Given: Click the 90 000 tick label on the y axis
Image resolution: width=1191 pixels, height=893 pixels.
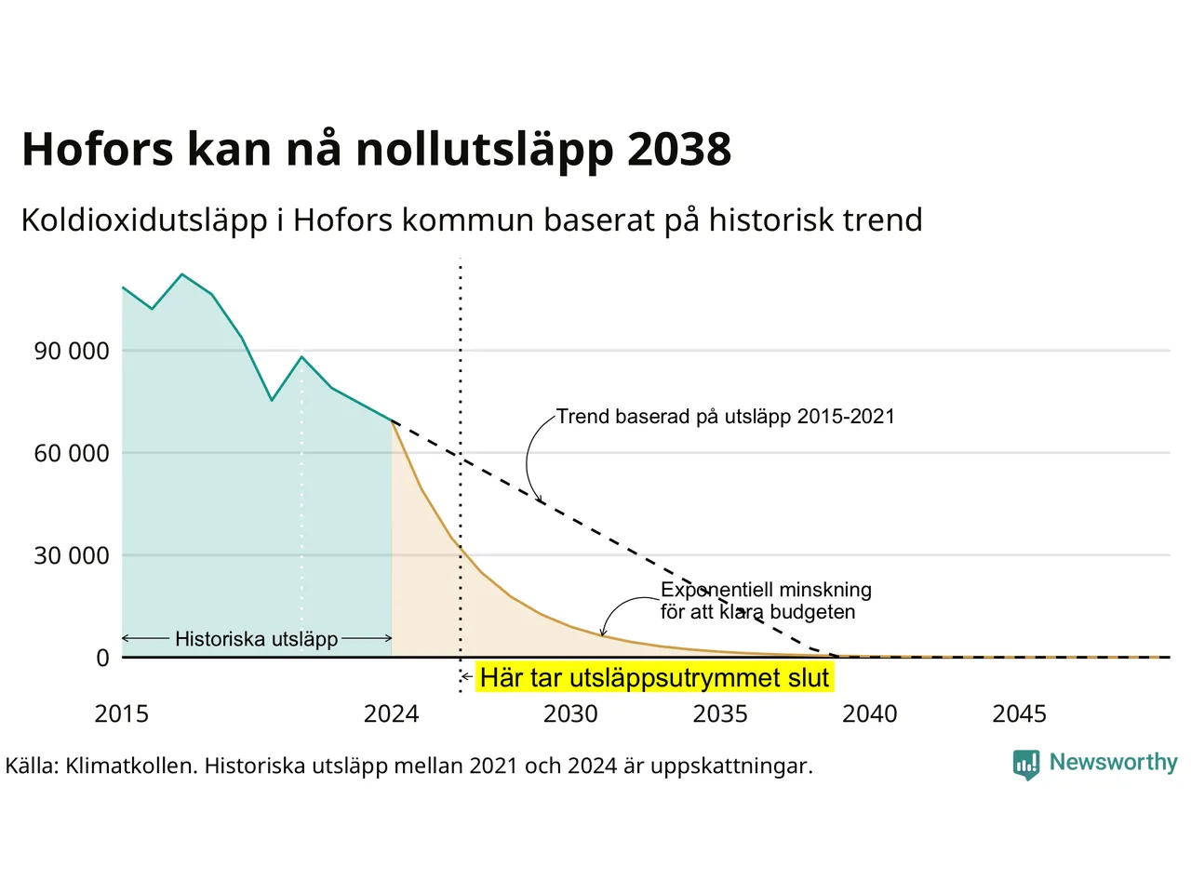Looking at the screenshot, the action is [x=72, y=352].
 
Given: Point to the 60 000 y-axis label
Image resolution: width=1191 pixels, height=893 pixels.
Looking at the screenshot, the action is [x=72, y=453].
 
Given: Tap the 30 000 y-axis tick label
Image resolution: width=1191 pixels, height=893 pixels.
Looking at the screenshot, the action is [x=72, y=555].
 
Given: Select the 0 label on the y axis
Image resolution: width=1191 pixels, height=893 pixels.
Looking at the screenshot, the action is [x=102, y=658].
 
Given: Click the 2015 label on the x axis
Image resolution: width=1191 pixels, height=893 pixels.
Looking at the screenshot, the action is [x=122, y=714].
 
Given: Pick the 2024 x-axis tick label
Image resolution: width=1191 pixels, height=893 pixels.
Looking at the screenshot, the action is [x=391, y=714].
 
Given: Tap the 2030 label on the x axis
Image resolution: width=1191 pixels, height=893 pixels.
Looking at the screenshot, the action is [x=570, y=714].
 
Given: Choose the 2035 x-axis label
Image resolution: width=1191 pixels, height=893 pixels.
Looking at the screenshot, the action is [x=720, y=714].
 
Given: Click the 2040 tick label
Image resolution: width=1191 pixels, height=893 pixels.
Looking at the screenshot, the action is [x=870, y=714].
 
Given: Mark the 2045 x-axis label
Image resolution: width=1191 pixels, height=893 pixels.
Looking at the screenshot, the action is [x=1020, y=714].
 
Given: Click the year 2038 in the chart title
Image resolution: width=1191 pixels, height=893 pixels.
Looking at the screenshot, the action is [x=679, y=149].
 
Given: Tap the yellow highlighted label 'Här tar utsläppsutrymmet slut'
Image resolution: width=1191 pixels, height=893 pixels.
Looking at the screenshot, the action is [x=654, y=678].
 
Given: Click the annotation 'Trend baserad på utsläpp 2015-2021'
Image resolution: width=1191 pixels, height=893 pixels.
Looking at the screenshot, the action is [x=726, y=417].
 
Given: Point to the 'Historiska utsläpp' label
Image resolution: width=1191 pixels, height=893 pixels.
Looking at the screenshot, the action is [x=256, y=639].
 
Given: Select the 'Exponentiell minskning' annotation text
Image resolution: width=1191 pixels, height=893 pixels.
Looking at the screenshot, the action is [x=766, y=590].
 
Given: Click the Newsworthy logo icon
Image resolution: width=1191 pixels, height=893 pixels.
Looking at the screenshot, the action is [x=1026, y=765].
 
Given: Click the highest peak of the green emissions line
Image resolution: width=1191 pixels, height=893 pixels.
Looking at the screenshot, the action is [x=182, y=274].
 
